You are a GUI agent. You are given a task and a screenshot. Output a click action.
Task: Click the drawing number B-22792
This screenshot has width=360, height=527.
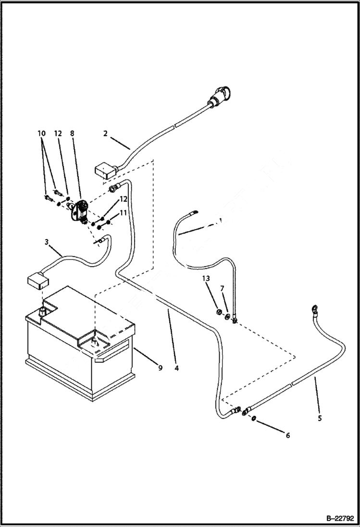click(339, 518)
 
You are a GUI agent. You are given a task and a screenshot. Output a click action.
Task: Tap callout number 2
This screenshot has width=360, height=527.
click(105, 133)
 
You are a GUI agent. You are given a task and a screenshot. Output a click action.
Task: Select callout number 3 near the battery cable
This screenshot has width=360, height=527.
click(47, 242)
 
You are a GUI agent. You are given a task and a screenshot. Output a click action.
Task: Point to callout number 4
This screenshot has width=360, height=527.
click(177, 368)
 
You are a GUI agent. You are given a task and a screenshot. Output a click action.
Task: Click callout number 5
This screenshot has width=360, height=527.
click(320, 418)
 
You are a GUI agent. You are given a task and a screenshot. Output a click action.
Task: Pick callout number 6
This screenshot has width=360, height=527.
click(288, 436)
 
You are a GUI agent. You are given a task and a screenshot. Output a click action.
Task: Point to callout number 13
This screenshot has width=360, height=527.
click(206, 279)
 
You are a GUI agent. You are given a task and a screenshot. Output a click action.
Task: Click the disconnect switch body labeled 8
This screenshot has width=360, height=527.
click(79, 210)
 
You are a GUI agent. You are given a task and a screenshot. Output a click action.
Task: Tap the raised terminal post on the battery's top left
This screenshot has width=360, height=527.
click(42, 311)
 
